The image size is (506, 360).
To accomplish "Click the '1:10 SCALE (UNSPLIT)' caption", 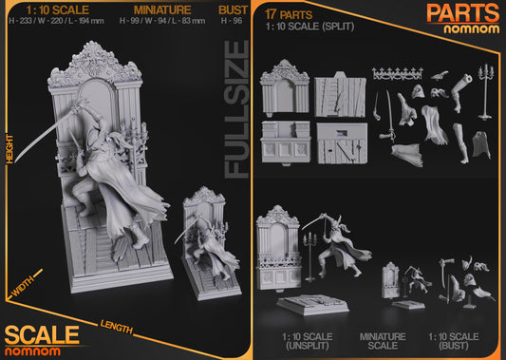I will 305,343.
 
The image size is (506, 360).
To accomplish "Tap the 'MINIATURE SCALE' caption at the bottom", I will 383,343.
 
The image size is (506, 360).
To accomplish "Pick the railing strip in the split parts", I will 395,73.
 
